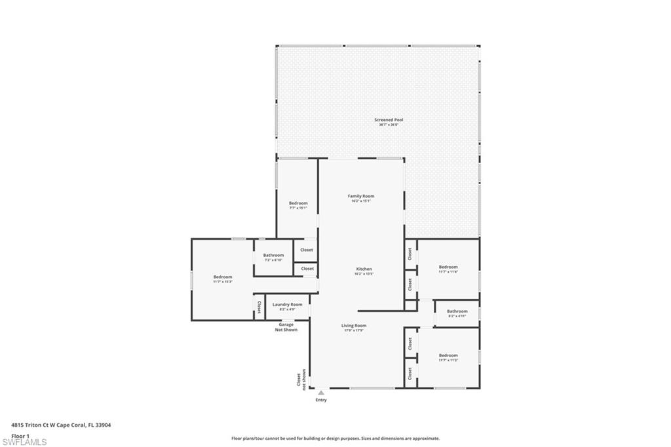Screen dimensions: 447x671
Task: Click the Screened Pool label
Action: (389, 120)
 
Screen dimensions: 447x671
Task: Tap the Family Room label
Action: (361, 196)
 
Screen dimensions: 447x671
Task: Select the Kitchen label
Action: (364, 269)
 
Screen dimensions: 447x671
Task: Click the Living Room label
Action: (354, 325)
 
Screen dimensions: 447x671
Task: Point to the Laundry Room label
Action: (287, 304)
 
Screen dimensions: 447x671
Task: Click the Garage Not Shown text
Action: (286, 327)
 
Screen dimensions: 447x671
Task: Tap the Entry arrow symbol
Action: (321, 393)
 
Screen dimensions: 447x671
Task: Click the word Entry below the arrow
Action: (321, 400)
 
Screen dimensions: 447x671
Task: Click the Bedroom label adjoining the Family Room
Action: (298, 203)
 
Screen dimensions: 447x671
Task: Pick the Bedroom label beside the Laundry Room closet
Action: (223, 277)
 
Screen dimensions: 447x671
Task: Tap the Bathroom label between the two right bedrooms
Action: (457, 311)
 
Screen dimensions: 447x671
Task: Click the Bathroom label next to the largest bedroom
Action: (274, 255)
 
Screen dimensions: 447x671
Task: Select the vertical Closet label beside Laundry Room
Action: (259, 307)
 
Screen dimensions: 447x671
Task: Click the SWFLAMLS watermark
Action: (24, 442)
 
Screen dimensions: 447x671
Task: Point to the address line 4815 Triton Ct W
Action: (61, 425)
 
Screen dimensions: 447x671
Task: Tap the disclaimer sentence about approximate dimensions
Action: (335, 438)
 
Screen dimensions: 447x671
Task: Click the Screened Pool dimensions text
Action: (389, 125)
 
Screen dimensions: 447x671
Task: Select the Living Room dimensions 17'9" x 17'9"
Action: (354, 330)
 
